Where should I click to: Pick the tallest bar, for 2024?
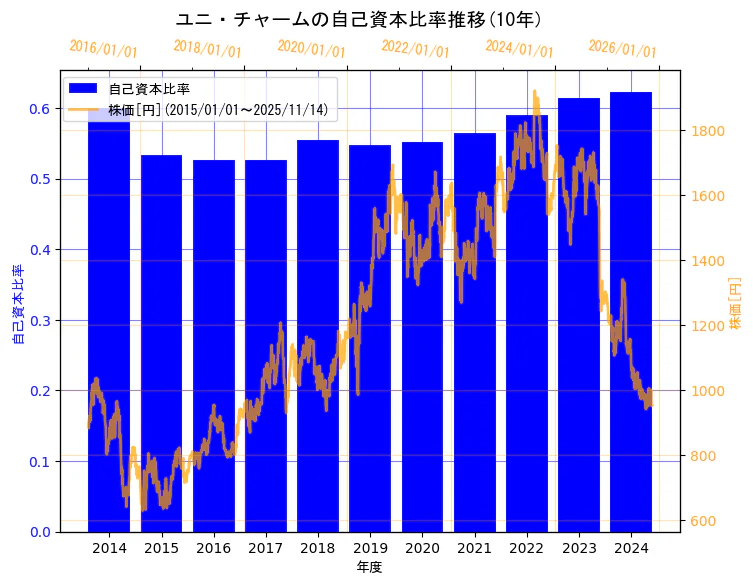click(631, 311)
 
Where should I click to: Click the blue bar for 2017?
click(265, 345)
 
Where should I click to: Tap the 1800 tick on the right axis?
click(703, 131)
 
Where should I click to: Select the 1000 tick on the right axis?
click(703, 391)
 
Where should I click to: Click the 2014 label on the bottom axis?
click(109, 549)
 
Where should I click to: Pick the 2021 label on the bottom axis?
click(474, 549)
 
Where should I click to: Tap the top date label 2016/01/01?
click(103, 49)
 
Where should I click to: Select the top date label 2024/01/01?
click(519, 49)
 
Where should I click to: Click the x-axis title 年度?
click(369, 567)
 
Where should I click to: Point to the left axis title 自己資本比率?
click(18, 304)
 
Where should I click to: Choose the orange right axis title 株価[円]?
click(735, 304)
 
